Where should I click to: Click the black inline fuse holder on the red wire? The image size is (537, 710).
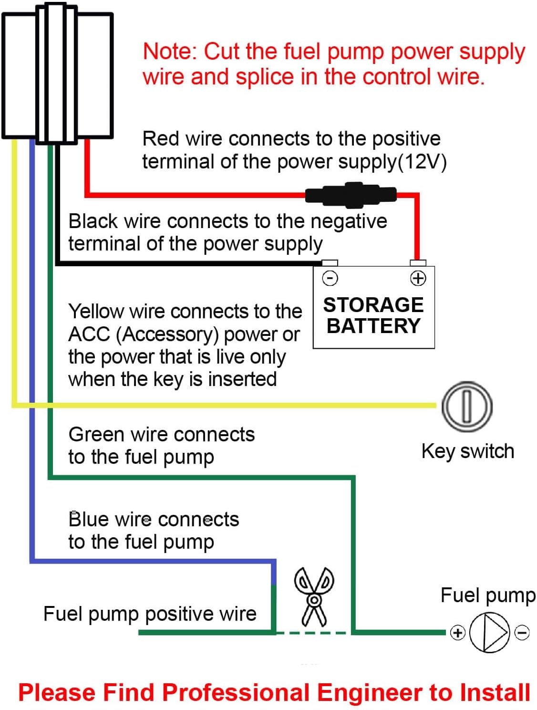click(x=351, y=195)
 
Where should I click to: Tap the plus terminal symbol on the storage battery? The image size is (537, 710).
click(x=418, y=278)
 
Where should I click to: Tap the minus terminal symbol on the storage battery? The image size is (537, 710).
click(x=330, y=278)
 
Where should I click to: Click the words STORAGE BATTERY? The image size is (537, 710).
click(x=373, y=315)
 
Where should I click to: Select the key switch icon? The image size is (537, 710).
click(x=467, y=407)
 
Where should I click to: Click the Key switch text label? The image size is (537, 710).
click(x=468, y=451)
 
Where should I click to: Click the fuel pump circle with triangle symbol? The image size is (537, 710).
click(x=489, y=633)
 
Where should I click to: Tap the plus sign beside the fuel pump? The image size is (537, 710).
click(x=458, y=633)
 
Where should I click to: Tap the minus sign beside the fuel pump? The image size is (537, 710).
click(x=522, y=633)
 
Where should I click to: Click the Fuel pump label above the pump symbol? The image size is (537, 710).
click(x=488, y=595)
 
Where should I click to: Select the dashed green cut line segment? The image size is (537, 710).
click(x=312, y=633)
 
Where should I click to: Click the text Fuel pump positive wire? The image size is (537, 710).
click(x=150, y=614)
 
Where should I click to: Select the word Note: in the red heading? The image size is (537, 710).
click(x=170, y=52)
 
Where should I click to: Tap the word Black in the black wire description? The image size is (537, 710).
click(x=93, y=221)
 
